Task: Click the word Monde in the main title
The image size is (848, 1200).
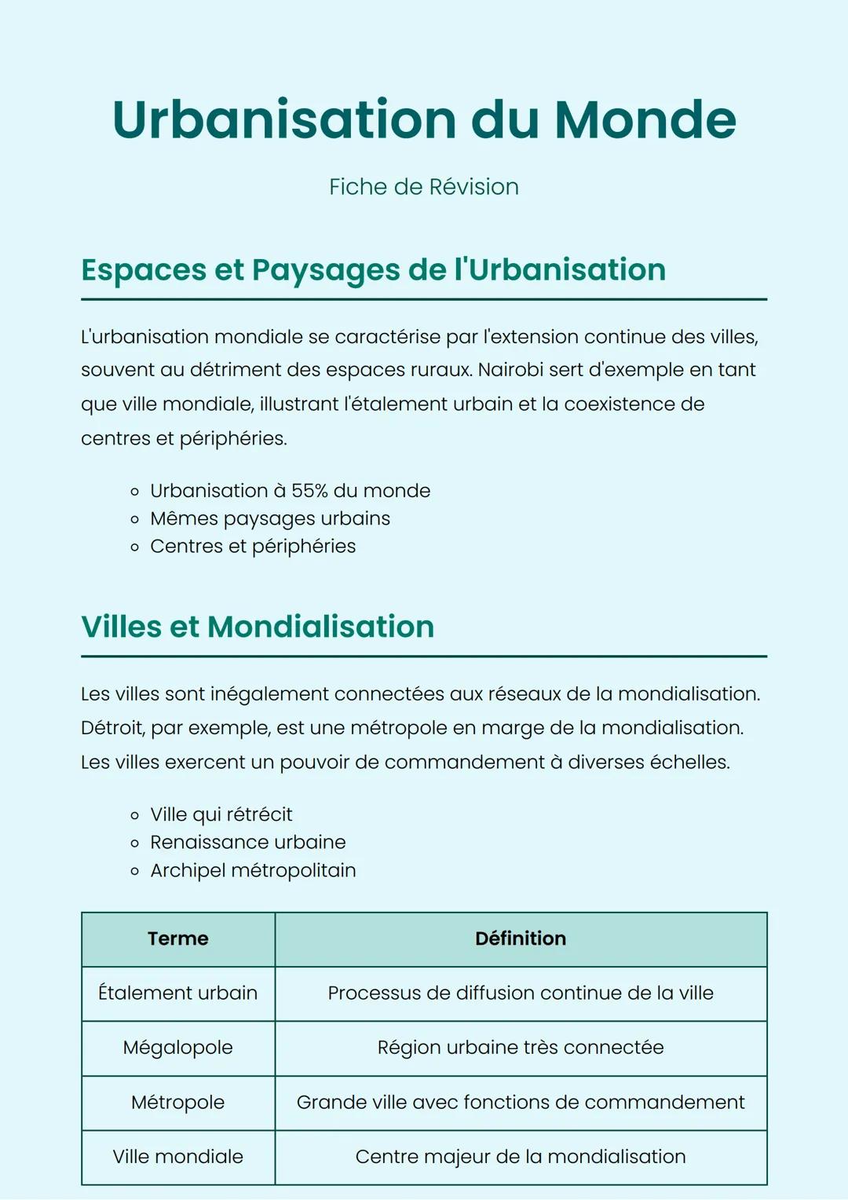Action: click(645, 120)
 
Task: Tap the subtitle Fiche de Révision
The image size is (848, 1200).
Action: click(424, 187)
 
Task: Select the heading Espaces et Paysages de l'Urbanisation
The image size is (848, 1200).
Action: click(373, 269)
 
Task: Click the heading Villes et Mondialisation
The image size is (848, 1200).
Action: click(258, 627)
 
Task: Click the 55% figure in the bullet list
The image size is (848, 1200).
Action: click(309, 491)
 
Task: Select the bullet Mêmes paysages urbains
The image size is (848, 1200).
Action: click(270, 519)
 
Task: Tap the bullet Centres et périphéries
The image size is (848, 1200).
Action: click(253, 547)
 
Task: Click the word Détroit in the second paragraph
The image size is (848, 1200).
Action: click(112, 728)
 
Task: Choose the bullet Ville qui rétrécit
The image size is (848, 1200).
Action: click(221, 814)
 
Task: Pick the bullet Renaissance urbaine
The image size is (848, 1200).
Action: click(248, 843)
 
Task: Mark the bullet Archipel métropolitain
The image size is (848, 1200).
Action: click(253, 870)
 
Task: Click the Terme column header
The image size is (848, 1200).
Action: click(178, 938)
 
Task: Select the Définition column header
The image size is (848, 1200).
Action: click(521, 938)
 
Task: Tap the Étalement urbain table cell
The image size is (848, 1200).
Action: click(178, 993)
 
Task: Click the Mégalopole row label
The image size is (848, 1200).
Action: click(178, 1048)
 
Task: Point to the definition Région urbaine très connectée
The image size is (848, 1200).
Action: click(521, 1048)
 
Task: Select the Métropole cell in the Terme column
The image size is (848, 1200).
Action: click(178, 1103)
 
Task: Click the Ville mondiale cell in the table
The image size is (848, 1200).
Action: click(178, 1157)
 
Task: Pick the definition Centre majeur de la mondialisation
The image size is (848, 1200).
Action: click(521, 1157)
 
